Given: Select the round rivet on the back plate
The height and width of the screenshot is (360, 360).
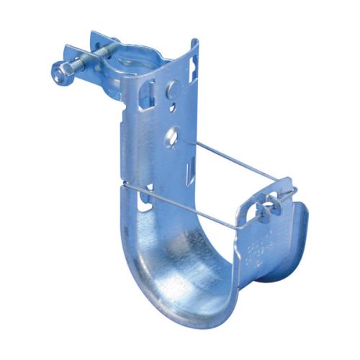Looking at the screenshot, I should click(173, 90).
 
